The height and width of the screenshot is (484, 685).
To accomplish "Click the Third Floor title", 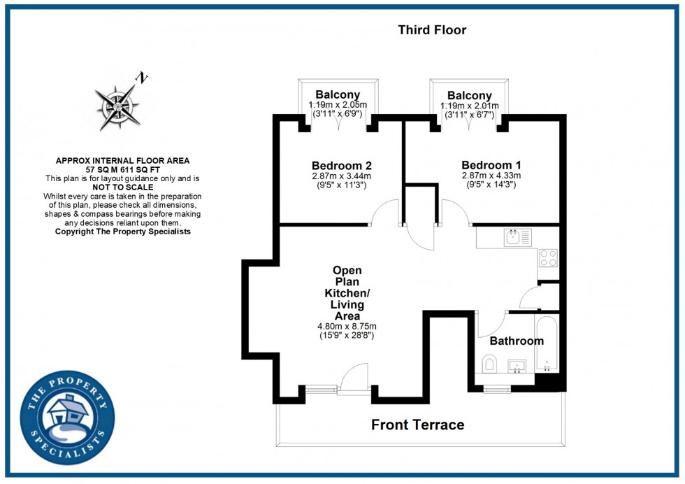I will [x=432, y=30].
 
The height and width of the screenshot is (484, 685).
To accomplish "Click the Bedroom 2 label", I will [x=341, y=166].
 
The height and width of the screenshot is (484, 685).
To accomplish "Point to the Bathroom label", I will [x=516, y=341].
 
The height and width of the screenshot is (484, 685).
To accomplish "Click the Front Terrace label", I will [x=417, y=425].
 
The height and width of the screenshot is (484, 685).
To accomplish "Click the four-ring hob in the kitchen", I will [x=548, y=258].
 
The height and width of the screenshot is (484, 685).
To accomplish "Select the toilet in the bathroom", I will [x=489, y=364].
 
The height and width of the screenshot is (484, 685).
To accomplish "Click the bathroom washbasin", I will [x=517, y=365].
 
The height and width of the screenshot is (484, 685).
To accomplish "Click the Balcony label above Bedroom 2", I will [x=338, y=95].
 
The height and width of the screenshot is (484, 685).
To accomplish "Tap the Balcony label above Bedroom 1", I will [x=469, y=95].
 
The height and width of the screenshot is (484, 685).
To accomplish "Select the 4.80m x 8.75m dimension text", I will [x=347, y=326].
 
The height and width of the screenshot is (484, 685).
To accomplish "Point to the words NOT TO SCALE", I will [x=122, y=187].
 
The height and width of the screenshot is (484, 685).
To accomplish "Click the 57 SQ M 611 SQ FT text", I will [x=122, y=170].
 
